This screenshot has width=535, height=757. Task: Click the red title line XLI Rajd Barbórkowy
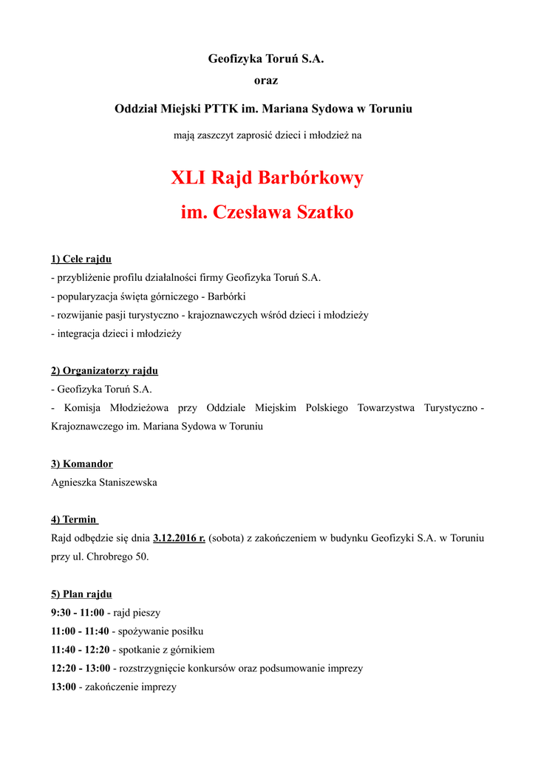(267, 178)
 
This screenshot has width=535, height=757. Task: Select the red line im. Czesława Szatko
(267, 213)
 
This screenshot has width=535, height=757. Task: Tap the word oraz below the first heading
(266, 80)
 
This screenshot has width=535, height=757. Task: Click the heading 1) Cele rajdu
(81, 259)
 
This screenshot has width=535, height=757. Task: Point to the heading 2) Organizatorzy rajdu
(104, 370)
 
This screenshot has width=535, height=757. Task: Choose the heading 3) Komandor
(82, 464)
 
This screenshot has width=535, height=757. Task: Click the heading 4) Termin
(74, 520)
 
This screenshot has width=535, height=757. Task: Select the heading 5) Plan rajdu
(81, 594)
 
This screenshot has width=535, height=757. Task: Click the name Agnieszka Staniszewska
(104, 482)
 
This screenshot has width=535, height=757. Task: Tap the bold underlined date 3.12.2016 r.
(179, 538)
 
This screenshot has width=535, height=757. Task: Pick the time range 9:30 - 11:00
(78, 613)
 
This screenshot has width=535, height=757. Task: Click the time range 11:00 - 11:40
(80, 631)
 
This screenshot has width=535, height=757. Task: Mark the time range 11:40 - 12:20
(80, 650)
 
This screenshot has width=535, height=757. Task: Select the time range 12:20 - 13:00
(80, 668)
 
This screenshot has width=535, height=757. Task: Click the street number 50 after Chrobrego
(141, 557)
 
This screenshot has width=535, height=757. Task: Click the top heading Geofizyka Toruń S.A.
(266, 58)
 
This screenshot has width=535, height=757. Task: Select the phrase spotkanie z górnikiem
(166, 650)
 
